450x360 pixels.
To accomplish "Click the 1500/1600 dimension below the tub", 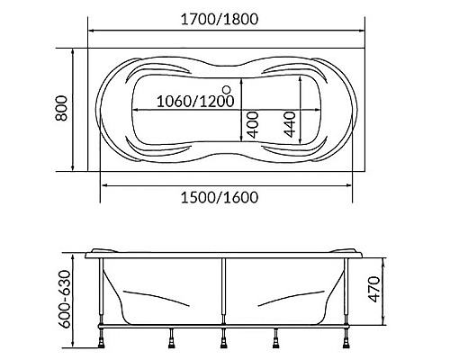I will pos(227,198).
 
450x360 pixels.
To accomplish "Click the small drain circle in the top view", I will pos(226,89).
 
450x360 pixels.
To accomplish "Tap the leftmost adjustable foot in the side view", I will pos(101,340).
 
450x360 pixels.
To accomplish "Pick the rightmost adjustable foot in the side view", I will pos(349,340).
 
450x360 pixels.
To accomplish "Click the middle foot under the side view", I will pos(225,340).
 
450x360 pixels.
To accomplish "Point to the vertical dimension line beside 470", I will pos(387,291).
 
